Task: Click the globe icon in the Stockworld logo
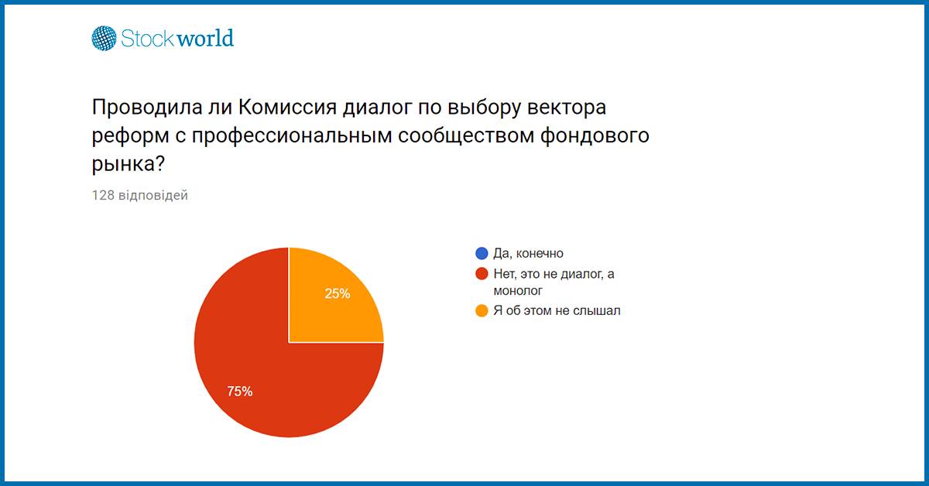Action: [x=104, y=38]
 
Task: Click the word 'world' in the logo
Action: [x=205, y=38]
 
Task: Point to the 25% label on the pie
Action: [x=338, y=293]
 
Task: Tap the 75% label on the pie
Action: [x=240, y=391]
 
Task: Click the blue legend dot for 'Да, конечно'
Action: [x=482, y=253]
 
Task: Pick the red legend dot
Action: [x=482, y=274]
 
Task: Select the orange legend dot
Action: [x=482, y=310]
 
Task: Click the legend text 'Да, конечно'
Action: [x=528, y=253]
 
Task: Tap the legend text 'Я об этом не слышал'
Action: [x=557, y=310]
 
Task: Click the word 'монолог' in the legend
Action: [x=518, y=291]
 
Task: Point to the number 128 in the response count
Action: [x=103, y=195]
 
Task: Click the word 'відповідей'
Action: [x=153, y=195]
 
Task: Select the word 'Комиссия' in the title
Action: [x=287, y=107]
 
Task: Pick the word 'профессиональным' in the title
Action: [x=292, y=136]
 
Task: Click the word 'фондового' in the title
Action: [x=595, y=136]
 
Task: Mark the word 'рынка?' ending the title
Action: [x=129, y=164]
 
